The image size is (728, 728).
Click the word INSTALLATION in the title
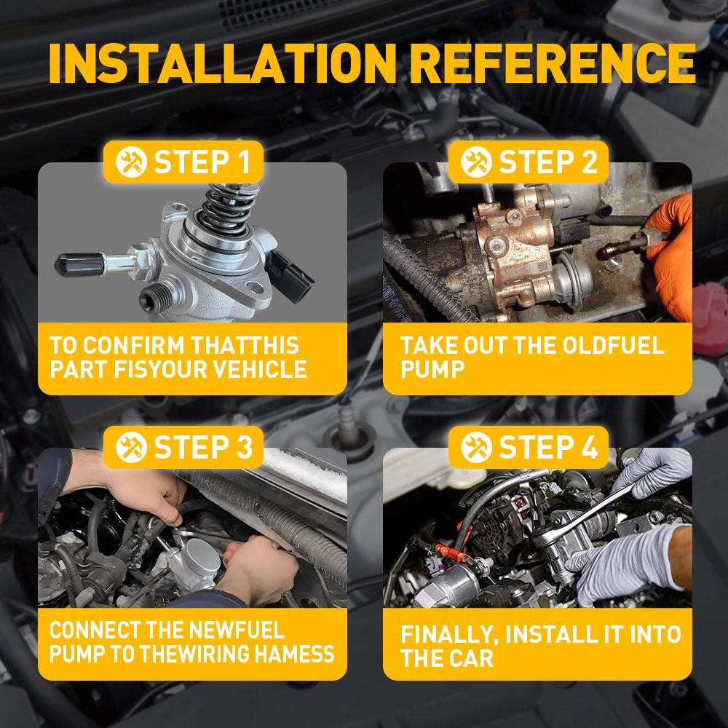[222, 63]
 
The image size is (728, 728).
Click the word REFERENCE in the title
[553, 63]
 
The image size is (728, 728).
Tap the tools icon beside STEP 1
[131, 162]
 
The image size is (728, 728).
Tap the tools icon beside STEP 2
[476, 162]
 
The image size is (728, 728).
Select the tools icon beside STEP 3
[131, 447]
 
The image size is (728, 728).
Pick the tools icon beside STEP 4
[476, 447]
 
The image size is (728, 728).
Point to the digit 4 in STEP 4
[589, 447]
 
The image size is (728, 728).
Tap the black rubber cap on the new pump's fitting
[79, 265]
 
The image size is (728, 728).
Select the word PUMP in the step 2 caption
[432, 369]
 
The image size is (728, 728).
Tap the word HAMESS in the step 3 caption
[294, 654]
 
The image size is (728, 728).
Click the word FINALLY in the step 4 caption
[449, 635]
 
